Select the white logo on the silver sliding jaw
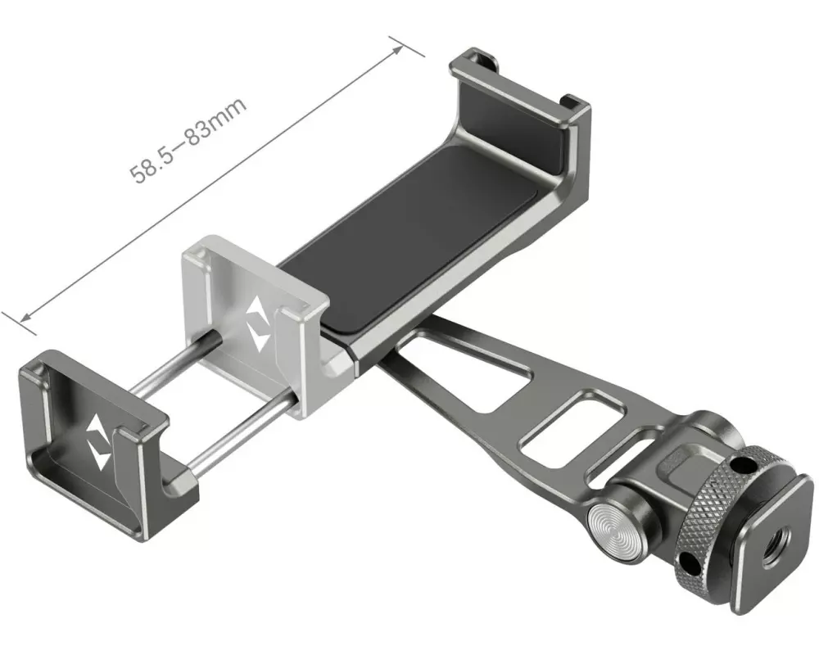pyautogui.click(x=256, y=324)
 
